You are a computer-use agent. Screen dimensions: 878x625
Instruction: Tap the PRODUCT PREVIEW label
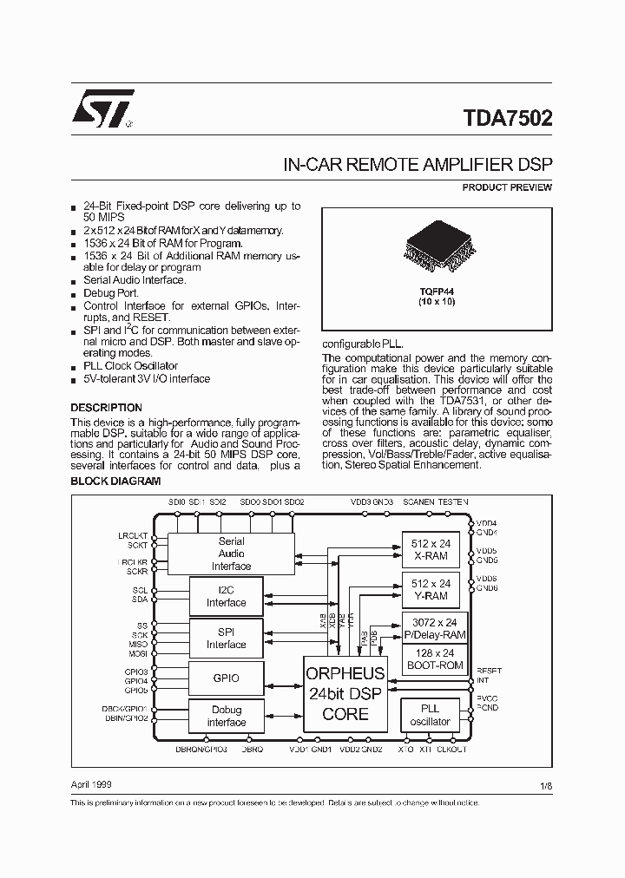(507, 187)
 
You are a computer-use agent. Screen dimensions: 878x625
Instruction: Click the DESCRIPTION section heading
(106, 408)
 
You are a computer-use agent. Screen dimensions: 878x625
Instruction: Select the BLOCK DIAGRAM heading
(115, 480)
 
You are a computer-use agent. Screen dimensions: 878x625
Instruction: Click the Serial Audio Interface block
(231, 554)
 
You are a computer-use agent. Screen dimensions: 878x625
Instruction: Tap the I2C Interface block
(226, 597)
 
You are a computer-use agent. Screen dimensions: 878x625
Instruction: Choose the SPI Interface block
(226, 639)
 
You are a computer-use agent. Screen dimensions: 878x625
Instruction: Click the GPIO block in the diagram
(226, 678)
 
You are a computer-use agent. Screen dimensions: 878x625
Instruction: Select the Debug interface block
(226, 716)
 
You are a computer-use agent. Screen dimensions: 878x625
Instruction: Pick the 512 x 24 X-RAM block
(431, 548)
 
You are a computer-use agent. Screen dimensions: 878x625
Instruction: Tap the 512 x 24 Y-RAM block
(431, 590)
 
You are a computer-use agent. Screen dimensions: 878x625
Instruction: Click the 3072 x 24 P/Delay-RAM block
(434, 629)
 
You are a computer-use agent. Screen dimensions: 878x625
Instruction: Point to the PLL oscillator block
(431, 715)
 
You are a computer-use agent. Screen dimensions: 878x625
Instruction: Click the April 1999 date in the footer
(90, 783)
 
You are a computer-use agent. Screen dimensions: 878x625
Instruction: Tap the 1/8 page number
(545, 784)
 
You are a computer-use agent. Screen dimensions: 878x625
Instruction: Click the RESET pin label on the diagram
(489, 671)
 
